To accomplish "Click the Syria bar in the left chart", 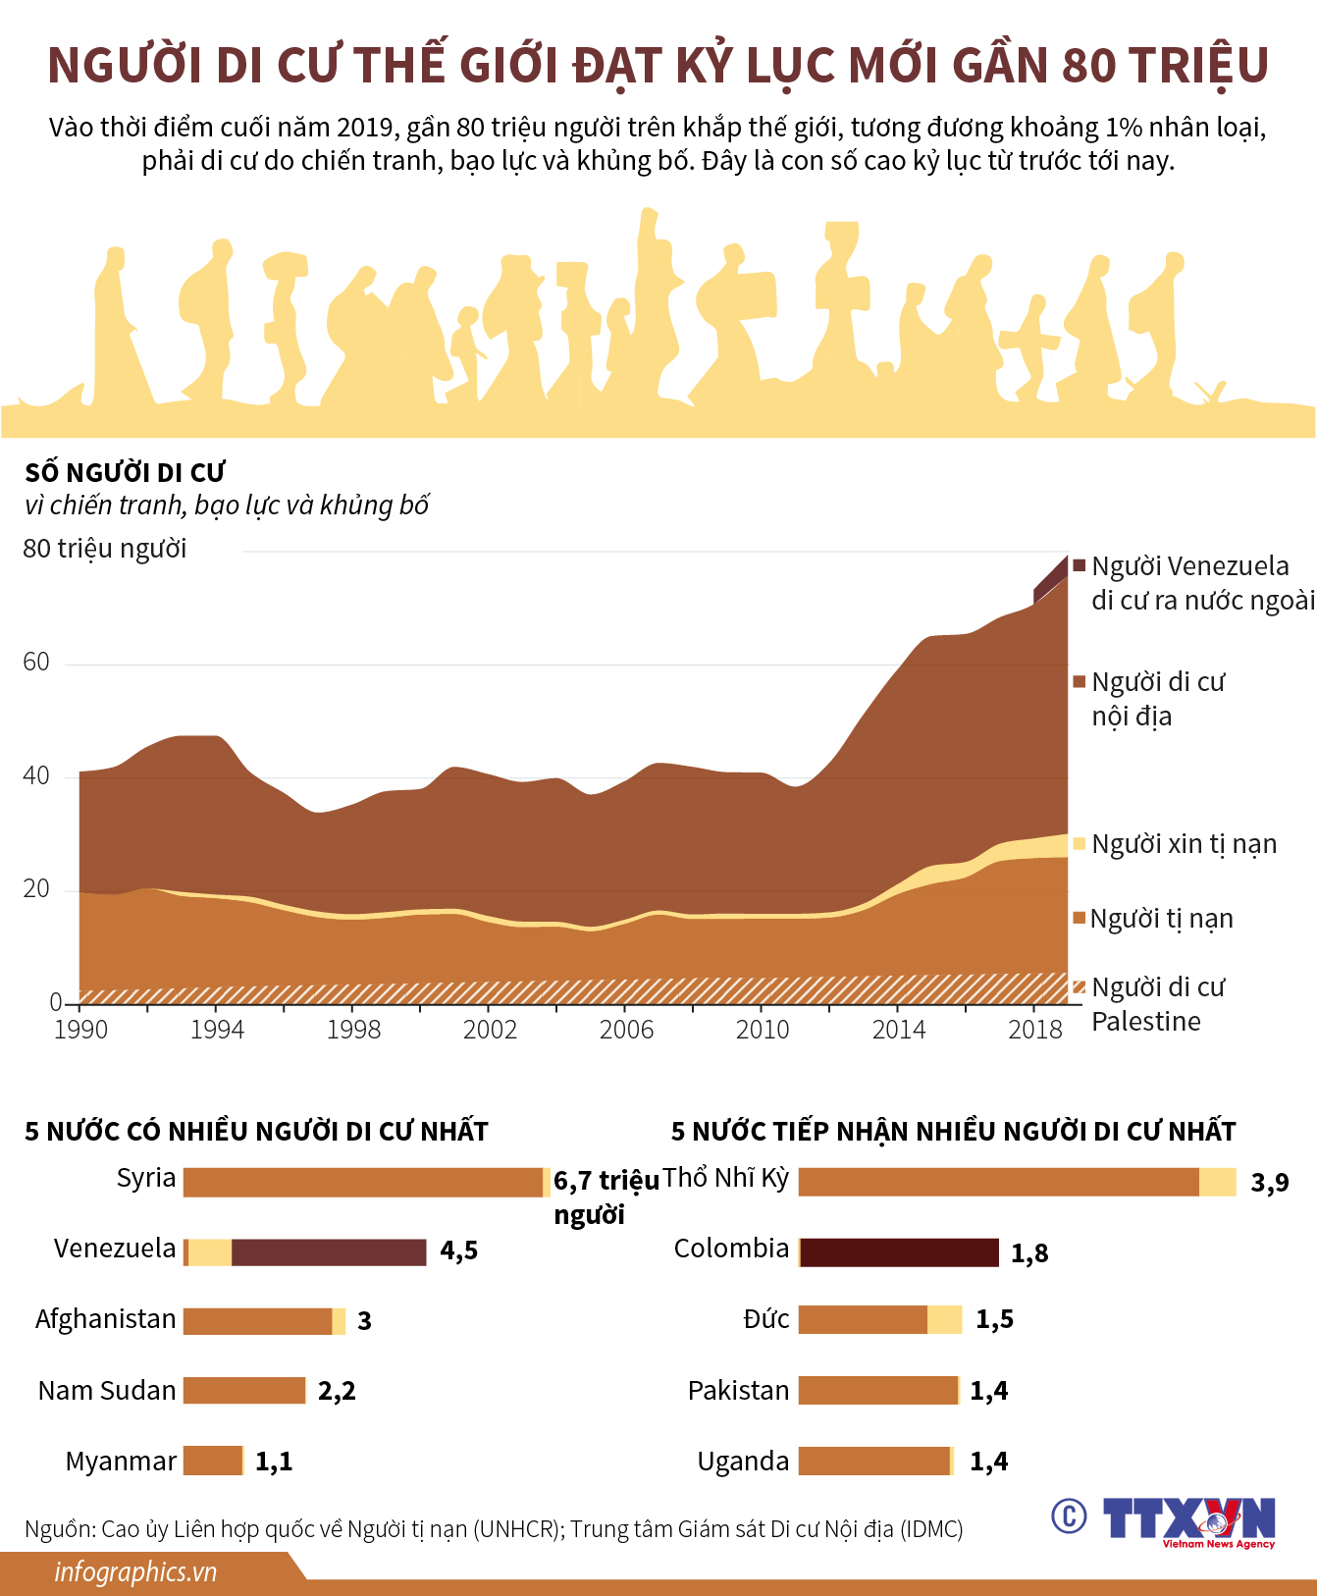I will (363, 1182).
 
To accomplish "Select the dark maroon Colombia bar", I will (899, 1252).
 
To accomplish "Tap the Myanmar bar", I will (213, 1461).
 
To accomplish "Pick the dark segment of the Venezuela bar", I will (329, 1252).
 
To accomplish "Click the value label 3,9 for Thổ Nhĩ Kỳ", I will (1270, 1183).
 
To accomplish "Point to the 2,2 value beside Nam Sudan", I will (337, 1391).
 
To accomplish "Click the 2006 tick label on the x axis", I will (626, 1030).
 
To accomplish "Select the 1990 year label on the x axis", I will (80, 1030).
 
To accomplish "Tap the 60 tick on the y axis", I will (36, 663).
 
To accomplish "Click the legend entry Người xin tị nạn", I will (1184, 844).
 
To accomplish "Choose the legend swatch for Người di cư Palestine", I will (1080, 987).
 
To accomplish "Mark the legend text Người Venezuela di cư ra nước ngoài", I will (1202, 583).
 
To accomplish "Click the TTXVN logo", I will (1188, 1520).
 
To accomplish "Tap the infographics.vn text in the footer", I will (135, 1572).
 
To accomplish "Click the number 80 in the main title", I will (1089, 66).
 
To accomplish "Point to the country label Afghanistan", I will (106, 1319).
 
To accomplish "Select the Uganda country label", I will (743, 1462).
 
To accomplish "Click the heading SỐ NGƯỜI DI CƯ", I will (126, 473).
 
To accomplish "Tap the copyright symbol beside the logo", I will (1069, 1516).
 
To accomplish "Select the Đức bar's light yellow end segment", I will (945, 1320).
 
